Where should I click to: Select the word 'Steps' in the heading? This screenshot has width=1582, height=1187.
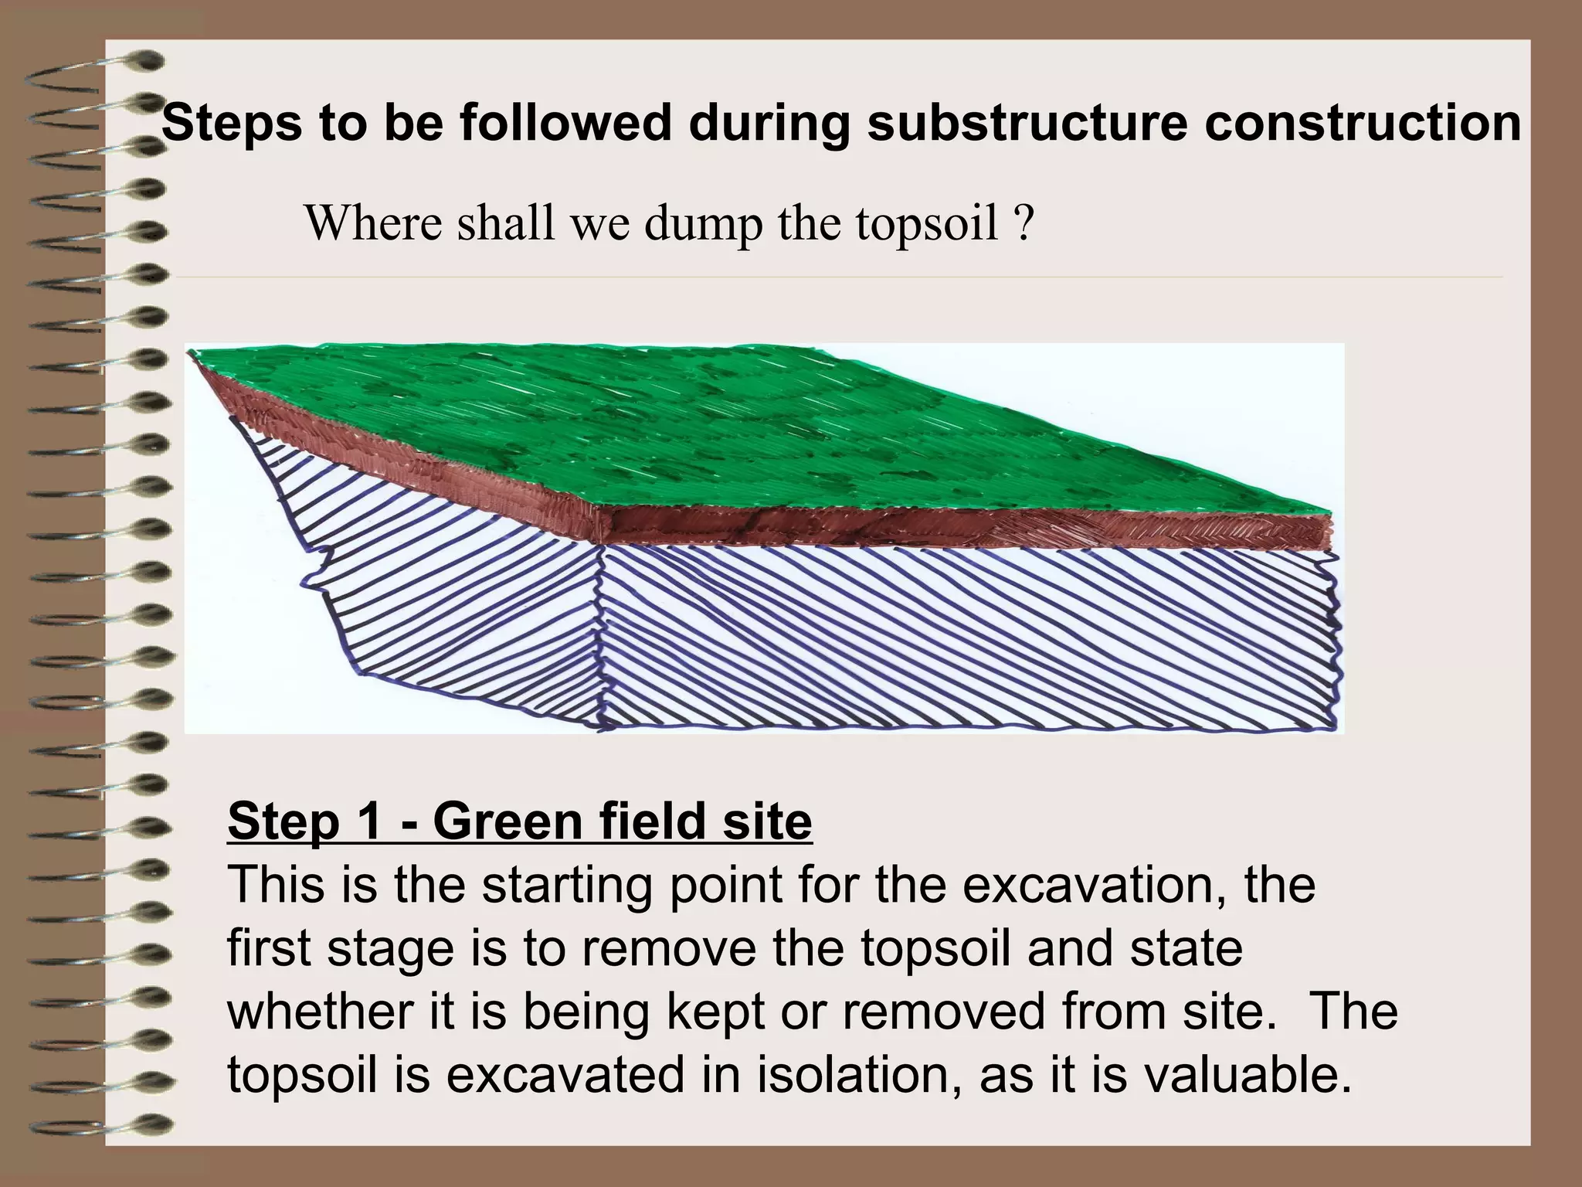tap(232, 124)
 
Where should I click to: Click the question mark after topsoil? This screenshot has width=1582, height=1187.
tap(1024, 224)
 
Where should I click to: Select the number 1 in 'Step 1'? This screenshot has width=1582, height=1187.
tap(368, 821)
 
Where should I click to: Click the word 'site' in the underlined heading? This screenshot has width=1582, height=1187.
tap(767, 821)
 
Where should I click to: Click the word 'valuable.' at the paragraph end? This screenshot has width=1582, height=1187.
tap(1247, 1075)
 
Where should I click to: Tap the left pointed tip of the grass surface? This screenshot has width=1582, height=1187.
tap(192, 354)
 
